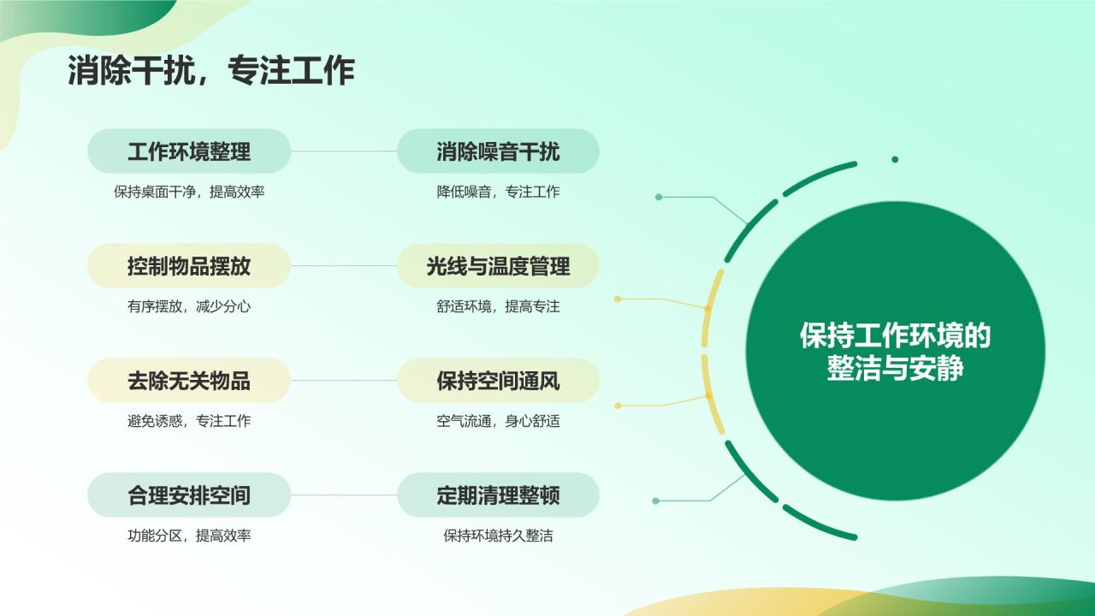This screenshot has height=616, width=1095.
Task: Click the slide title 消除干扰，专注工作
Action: pos(210,72)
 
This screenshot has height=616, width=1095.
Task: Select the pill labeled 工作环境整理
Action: pos(189,151)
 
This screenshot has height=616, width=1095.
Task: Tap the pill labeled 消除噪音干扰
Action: pos(498,151)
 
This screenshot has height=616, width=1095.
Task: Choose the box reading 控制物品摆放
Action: pos(189,266)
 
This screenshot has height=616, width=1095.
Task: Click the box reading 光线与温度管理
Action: pos(498,266)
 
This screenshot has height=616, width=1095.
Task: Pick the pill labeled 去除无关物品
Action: pos(189,381)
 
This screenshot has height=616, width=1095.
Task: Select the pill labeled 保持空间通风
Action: pos(498,381)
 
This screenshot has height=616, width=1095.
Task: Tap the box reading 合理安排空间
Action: pos(189,495)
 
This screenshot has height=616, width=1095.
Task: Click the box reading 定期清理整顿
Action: pos(498,495)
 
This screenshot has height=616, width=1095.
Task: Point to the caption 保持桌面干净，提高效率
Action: pos(189,192)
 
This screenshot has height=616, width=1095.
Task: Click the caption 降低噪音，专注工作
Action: pos(498,192)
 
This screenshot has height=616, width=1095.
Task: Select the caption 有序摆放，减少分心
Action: pos(189,306)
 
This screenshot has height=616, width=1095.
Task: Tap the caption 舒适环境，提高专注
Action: pos(498,306)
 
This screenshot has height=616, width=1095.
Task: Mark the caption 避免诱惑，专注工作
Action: pos(189,421)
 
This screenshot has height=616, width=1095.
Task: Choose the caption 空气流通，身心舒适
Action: pos(498,421)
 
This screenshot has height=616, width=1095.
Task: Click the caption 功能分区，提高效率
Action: pos(189,536)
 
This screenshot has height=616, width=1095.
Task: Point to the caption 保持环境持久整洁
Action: pos(498,536)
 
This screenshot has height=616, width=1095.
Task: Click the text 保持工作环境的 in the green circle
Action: pos(895,336)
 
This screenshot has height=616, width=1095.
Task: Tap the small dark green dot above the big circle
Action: pos(895,159)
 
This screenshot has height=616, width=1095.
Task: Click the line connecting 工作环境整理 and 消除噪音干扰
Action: pos(344,151)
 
